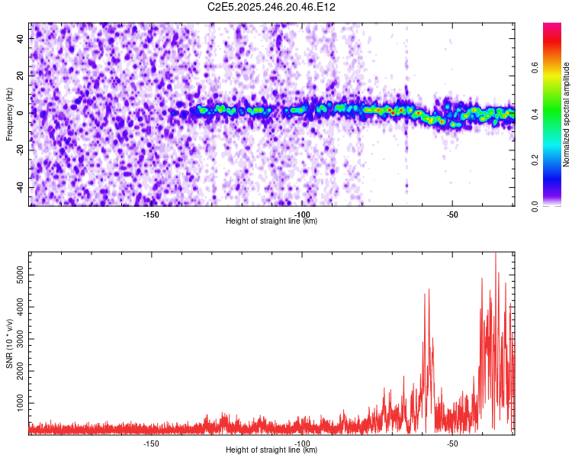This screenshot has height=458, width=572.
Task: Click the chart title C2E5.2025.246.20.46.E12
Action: (272, 7)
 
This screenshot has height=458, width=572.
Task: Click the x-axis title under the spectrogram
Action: (272, 221)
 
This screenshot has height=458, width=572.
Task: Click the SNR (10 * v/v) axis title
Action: (9, 343)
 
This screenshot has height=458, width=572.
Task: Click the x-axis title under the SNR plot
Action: (272, 450)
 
